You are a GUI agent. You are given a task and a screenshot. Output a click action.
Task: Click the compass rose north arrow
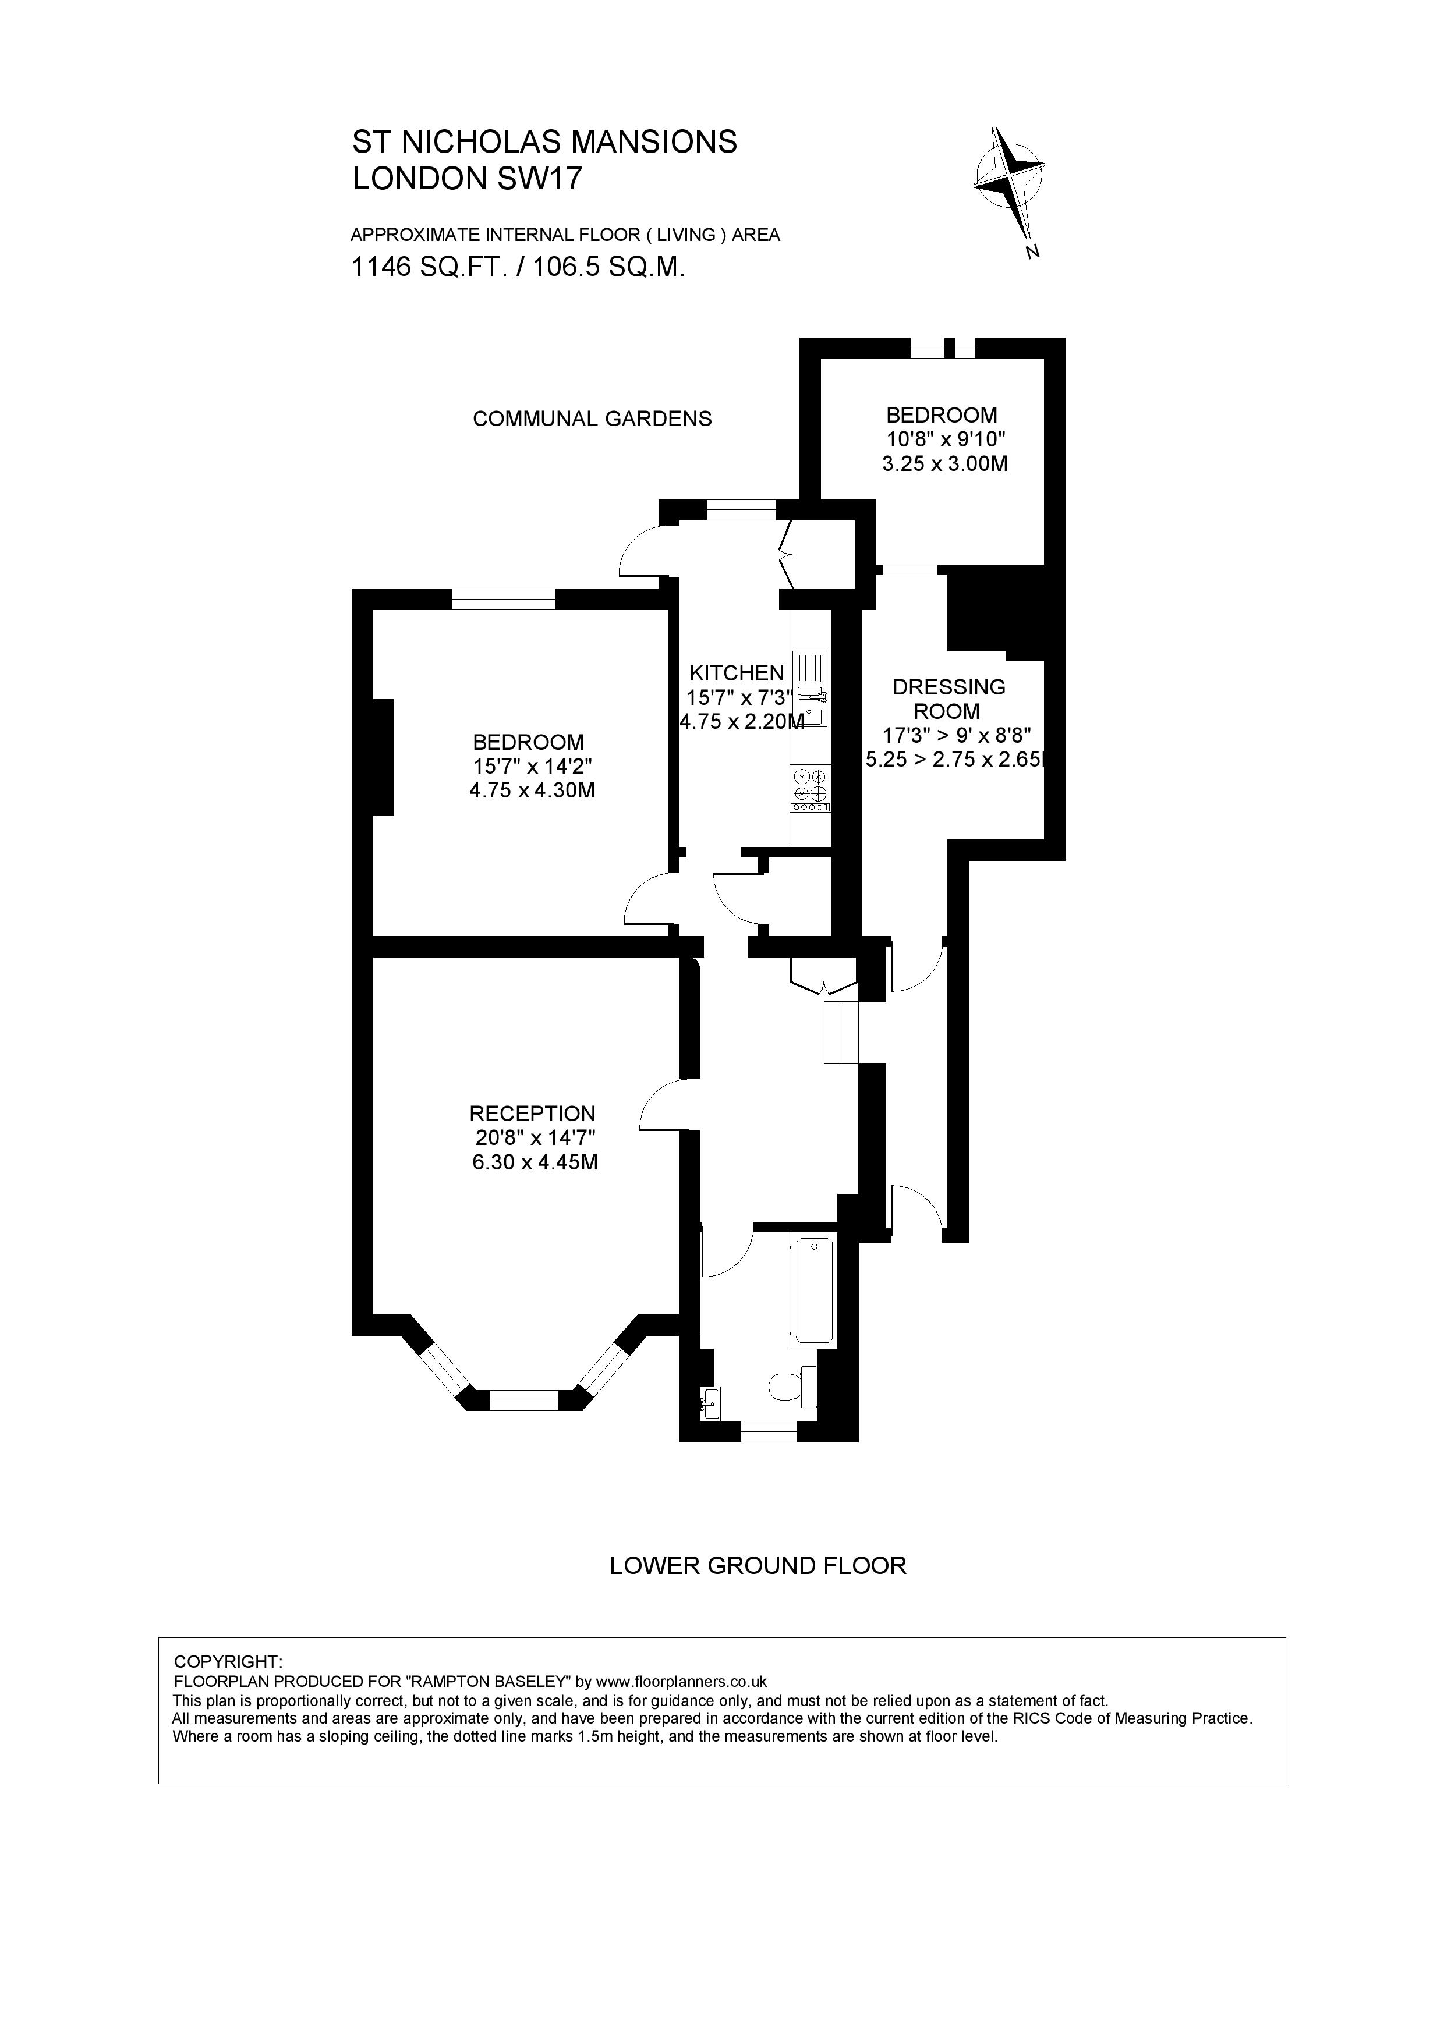tap(1008, 179)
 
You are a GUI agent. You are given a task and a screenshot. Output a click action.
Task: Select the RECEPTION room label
tap(532, 1114)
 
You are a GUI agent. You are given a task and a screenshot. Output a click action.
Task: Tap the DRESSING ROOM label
tap(948, 699)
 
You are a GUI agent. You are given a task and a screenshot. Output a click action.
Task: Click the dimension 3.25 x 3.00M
tap(944, 463)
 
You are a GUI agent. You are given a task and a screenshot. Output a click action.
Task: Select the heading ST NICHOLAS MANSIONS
tap(544, 142)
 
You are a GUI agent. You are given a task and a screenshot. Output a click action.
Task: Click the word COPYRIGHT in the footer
tap(228, 1661)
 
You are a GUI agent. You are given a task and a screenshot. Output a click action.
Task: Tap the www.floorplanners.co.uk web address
tap(681, 1681)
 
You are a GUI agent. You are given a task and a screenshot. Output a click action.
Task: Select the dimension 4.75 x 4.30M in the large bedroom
tap(531, 790)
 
